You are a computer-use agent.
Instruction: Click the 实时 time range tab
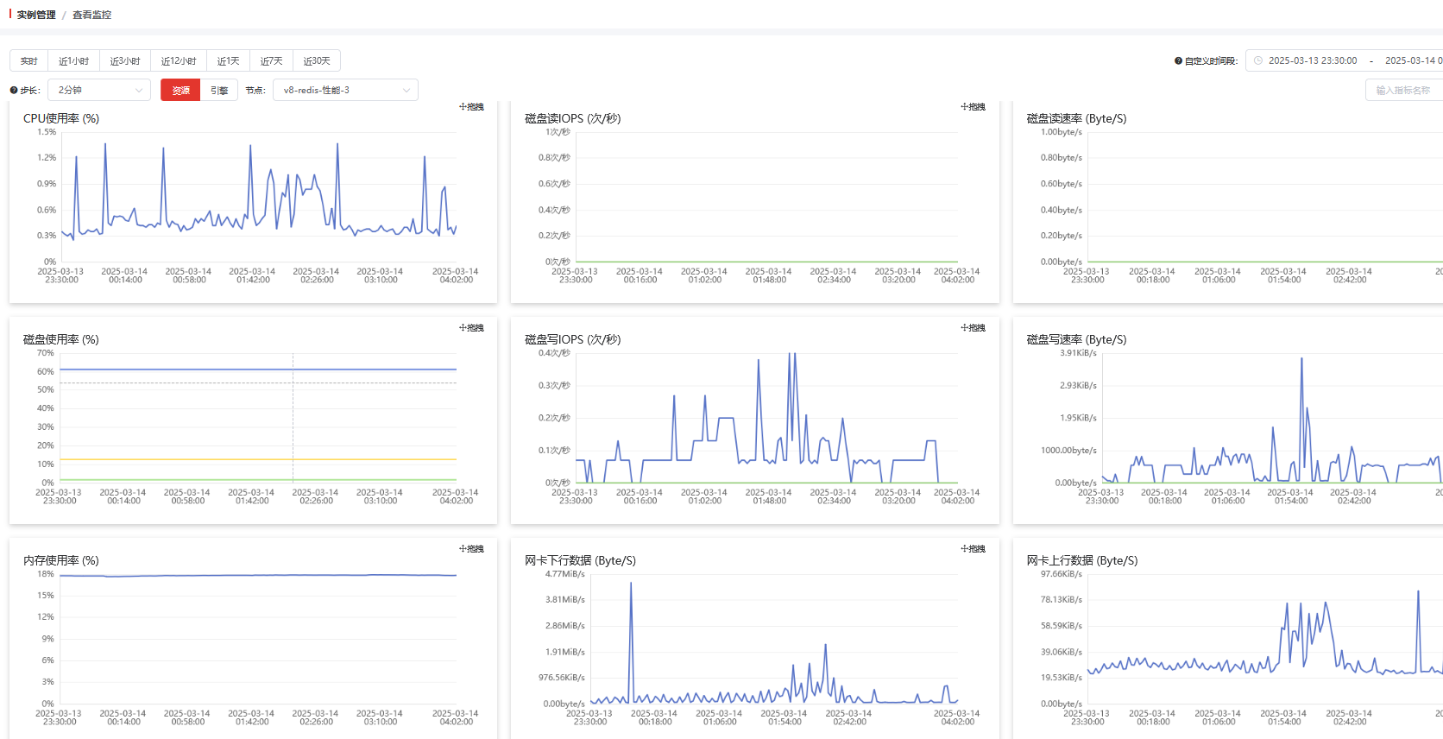pos(29,61)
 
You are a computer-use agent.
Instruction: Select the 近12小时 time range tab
pos(179,61)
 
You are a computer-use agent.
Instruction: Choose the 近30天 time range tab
pos(317,61)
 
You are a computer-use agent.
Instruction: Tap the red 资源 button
pos(180,90)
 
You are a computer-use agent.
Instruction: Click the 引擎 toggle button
pos(219,90)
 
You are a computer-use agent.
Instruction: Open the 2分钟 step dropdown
pos(100,90)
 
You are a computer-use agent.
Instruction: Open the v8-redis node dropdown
pos(345,90)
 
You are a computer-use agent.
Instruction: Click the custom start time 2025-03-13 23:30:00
pos(1312,60)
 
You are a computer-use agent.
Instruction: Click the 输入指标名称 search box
pos(1402,90)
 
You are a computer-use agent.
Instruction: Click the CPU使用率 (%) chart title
pos(61,118)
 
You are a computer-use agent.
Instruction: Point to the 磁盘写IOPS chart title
pos(572,339)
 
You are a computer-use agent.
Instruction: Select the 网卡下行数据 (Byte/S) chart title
pos(580,560)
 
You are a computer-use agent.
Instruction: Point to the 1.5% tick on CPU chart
pos(47,132)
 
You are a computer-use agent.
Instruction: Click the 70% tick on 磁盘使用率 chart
pos(46,353)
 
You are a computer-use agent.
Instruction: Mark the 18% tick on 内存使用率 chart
pos(46,574)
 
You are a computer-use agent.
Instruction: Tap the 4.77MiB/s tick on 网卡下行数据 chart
pos(564,574)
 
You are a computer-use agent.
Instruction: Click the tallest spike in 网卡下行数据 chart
pos(631,584)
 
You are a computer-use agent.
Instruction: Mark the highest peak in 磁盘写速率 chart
pos(1301,359)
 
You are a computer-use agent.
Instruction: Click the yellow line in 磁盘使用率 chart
pos(259,459)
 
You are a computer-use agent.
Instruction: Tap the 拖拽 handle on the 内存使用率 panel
pos(471,549)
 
